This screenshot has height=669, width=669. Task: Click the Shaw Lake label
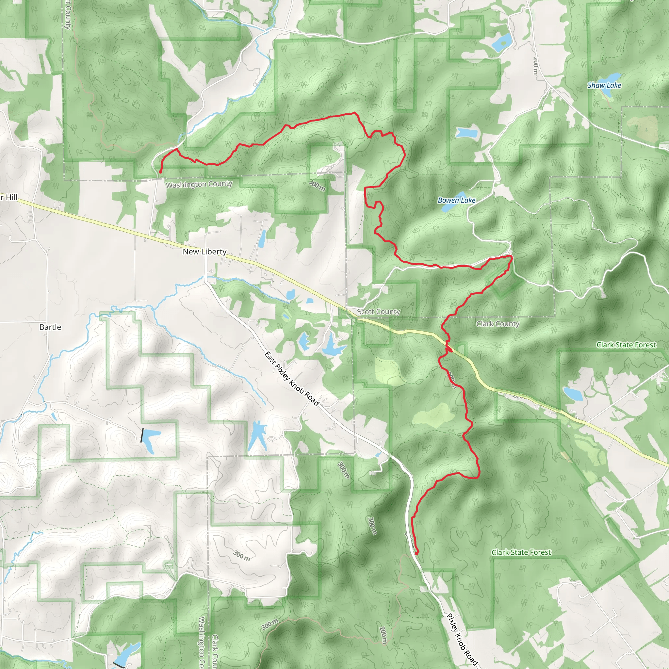pyautogui.click(x=604, y=85)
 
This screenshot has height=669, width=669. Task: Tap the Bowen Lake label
pyautogui.click(x=456, y=200)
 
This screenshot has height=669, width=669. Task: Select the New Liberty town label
pyautogui.click(x=204, y=252)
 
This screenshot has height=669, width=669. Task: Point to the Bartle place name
pyautogui.click(x=50, y=327)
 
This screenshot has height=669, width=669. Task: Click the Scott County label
pyautogui.click(x=379, y=312)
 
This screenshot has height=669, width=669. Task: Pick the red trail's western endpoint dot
pyautogui.click(x=160, y=172)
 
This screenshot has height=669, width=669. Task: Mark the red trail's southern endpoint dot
pyautogui.click(x=416, y=553)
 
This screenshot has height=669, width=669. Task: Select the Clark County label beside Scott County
pyautogui.click(x=498, y=324)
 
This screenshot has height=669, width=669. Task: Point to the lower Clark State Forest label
pyautogui.click(x=521, y=552)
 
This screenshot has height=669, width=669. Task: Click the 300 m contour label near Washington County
pyautogui.click(x=317, y=186)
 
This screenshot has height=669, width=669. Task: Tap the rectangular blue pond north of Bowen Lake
pyautogui.click(x=467, y=132)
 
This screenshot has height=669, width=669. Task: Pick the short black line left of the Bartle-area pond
pyautogui.click(x=142, y=435)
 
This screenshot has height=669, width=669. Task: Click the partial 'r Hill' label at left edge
pyautogui.click(x=9, y=198)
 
